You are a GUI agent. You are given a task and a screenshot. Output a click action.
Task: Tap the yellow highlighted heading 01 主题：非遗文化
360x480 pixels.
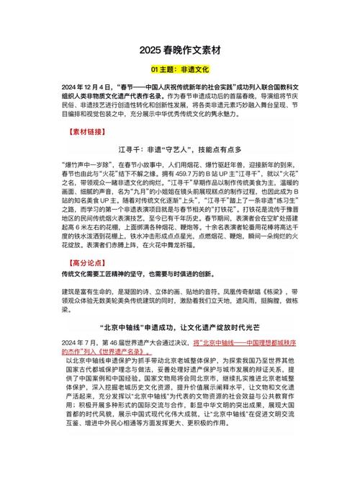(x=179, y=70)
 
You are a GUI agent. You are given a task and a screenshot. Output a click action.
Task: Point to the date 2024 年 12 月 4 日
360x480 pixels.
(x=75, y=84)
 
